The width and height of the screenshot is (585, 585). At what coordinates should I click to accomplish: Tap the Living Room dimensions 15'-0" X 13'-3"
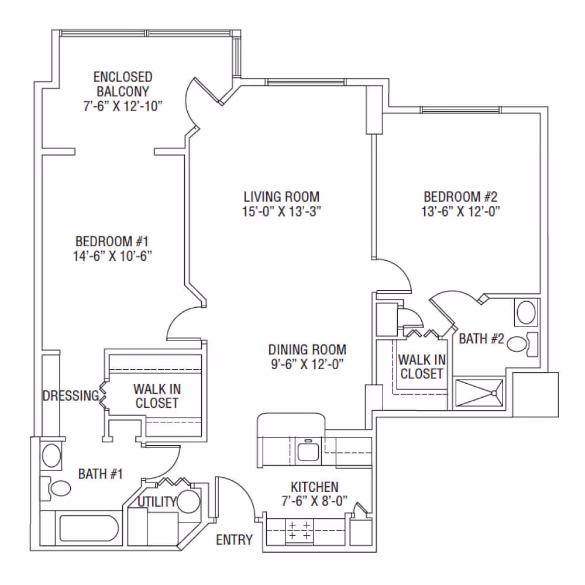281,212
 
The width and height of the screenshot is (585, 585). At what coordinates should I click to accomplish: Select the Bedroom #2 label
460,197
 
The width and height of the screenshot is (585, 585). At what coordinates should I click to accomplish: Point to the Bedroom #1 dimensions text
112,256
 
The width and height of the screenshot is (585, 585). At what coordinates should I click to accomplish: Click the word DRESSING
71,395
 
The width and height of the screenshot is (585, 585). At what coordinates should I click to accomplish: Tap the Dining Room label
308,350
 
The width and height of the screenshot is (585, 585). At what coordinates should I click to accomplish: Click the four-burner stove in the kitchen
299,530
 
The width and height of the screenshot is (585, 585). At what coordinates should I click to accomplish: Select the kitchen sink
308,450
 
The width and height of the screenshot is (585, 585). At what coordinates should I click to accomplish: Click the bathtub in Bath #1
89,528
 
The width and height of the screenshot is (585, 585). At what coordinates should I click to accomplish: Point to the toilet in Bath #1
56,488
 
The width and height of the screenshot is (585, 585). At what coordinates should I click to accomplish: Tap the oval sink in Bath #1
51,455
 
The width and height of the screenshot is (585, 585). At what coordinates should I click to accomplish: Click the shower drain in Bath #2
494,393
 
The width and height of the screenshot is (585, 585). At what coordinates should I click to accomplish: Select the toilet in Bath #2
522,344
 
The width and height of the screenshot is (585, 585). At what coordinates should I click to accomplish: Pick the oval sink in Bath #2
526,312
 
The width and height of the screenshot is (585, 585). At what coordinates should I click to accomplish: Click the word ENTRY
235,539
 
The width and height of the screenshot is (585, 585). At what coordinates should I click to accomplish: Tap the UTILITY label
157,502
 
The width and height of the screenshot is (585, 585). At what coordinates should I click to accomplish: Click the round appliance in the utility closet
189,501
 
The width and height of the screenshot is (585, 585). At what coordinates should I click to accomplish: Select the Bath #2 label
481,339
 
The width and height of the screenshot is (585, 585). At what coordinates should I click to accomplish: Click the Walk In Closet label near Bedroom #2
422,367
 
